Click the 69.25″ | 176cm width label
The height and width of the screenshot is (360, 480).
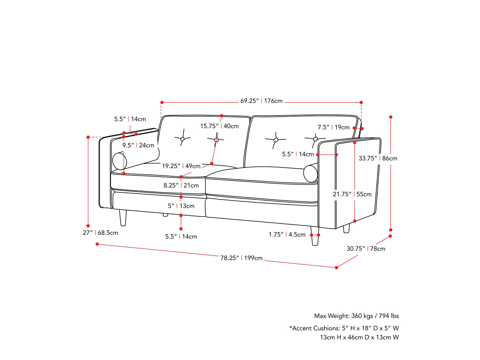coord(261,101)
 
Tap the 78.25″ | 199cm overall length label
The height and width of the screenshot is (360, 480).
coord(241,258)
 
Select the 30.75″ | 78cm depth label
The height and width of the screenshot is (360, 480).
coord(366,249)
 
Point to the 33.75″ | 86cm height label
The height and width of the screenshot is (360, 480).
coord(378,158)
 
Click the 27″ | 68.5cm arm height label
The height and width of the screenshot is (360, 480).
coord(100,233)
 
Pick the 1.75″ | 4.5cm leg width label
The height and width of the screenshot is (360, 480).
coord(287,235)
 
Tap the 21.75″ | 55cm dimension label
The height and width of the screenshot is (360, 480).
coord(352,194)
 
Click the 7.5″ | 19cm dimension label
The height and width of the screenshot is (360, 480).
coord(334,128)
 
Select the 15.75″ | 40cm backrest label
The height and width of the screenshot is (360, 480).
coord(219,126)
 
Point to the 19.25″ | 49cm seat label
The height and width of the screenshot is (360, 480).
coord(181,166)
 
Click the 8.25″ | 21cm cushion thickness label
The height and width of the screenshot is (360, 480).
coord(181,186)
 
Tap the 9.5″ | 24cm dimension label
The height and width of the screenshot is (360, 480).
coord(138,145)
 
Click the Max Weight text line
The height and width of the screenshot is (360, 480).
coord(356,316)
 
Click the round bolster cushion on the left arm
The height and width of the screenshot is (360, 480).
coord(119,161)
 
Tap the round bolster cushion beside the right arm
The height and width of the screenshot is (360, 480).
coord(311,174)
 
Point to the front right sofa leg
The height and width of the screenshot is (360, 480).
coord(315,236)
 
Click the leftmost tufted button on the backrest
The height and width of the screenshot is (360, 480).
coord(182,139)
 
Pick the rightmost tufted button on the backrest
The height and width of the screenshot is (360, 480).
coord(315,139)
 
